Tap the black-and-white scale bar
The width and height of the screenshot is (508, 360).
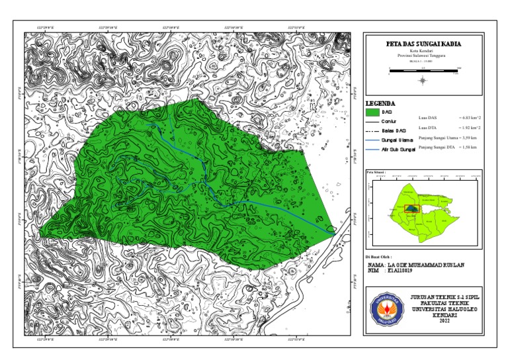point(423,69)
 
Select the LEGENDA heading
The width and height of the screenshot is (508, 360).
point(380,103)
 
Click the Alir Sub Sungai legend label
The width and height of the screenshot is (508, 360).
point(398,150)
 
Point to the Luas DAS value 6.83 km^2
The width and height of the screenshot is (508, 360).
point(469,117)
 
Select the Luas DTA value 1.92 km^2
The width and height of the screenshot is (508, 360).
point(469,126)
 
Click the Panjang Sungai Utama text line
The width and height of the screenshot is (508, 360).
point(448,136)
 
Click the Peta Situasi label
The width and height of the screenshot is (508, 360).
point(375,171)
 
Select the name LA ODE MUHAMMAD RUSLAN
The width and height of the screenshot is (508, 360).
point(436,264)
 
